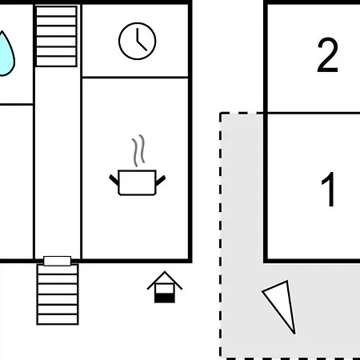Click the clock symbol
pos(138,41)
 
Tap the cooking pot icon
pos(137,182)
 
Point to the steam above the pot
pos(138,150)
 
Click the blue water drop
pos(6,54)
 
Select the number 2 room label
pos(328,55)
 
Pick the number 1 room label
pos(329,189)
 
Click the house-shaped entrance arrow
pos(165,287)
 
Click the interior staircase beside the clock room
pos(57,36)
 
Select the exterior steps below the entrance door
pos(58,294)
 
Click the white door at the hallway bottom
pos(57,261)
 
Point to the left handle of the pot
pos(114,180)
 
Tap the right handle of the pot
pos(161,180)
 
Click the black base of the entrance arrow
pos(165,298)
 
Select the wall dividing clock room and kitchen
pos(135,78)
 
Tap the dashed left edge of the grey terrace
pos(221,234)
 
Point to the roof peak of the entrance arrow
pos(165,272)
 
